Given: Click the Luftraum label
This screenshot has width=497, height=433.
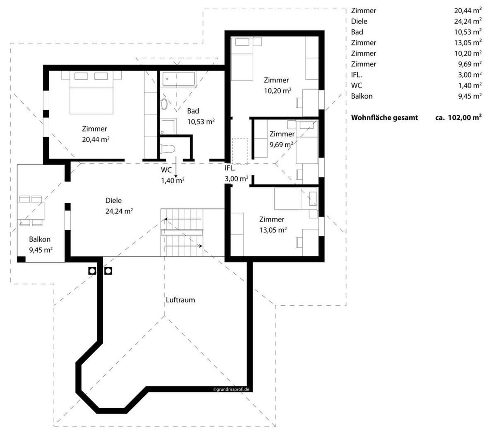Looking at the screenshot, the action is pos(180,300).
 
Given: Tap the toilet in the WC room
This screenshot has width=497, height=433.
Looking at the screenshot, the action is pos(168,148).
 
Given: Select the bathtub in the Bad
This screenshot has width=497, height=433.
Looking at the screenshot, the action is pos(179,79).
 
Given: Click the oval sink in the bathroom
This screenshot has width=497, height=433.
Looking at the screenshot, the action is pos(164,104).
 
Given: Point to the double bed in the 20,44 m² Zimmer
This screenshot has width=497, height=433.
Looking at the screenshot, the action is pos(92,92).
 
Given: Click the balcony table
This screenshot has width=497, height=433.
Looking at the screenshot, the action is pos(31,211).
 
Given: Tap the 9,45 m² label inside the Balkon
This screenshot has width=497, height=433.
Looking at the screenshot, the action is pos(41,250).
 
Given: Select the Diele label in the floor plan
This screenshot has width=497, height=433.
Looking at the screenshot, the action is pos(113,200).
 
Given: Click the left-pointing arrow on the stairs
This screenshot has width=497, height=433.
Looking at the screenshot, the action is pos(183,219).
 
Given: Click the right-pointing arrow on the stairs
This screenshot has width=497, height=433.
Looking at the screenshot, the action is pos(183,246).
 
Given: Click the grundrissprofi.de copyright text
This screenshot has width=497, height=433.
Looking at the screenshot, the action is pos(231,389).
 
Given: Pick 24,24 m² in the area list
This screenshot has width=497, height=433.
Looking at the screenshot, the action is pos(468,21).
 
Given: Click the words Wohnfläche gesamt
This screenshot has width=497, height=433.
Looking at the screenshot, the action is pos(384,118).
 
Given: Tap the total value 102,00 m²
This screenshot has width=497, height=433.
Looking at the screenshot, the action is pos(465,118).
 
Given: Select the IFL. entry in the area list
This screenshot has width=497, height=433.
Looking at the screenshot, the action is pos(356,75).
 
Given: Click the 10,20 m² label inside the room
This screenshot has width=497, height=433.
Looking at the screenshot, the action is pos(277,91).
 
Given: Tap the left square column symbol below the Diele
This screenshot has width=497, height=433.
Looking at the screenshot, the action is pos(92,271).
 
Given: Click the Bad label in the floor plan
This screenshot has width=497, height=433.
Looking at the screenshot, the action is pos(193,111).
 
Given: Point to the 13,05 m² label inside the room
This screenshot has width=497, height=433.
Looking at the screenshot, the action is pos(273,230).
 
